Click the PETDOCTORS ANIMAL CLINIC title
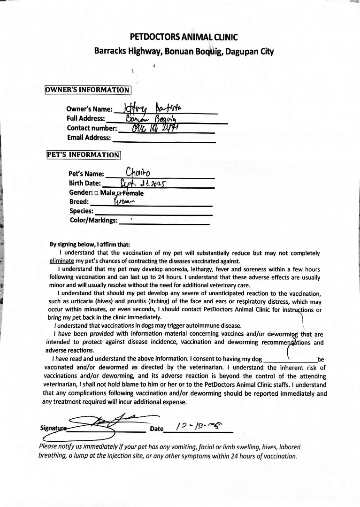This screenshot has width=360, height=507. coord(184,38)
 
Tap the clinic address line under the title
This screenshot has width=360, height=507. coord(184,51)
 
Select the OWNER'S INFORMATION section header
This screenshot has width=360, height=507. coord(88,90)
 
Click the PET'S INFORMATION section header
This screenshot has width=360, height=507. coord(84,154)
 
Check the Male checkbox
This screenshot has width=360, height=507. coord(96,193)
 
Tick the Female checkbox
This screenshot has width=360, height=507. coord(120,193)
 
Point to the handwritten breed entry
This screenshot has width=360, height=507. coord(124,202)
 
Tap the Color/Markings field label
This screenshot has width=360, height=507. coord(94,220)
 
